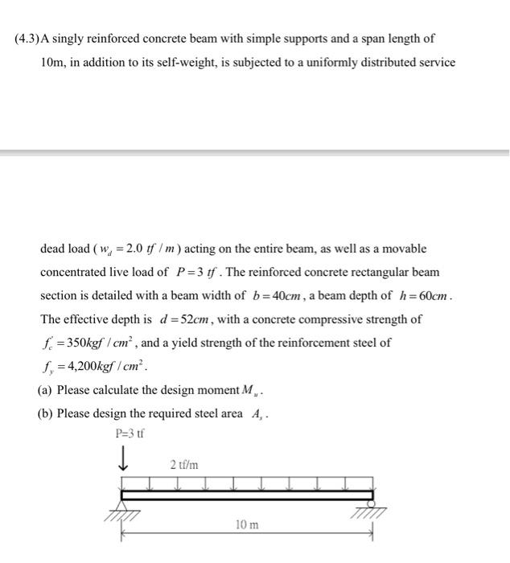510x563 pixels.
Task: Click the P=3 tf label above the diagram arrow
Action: [x=129, y=435]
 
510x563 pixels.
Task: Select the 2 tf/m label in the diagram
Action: [x=184, y=465]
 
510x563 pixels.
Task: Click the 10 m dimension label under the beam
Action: [x=247, y=524]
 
